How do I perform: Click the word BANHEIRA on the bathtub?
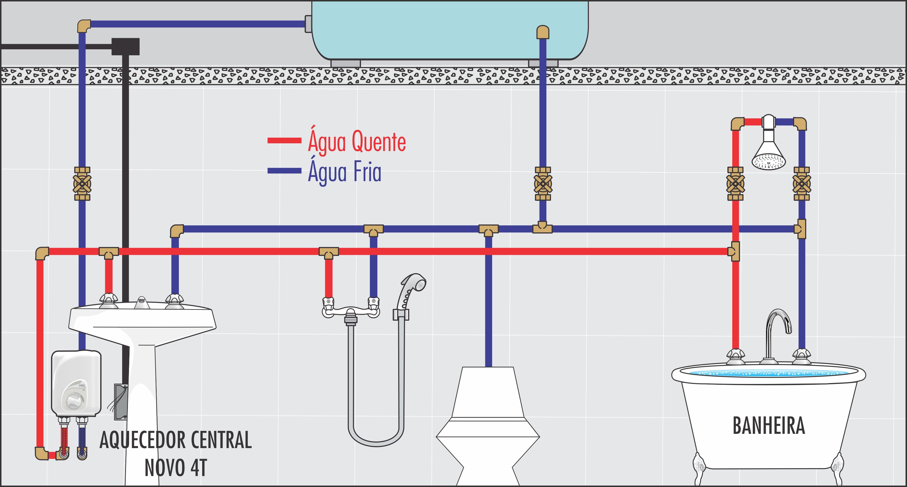pyautogui.click(x=769, y=426)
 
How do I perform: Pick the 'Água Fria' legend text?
pyautogui.click(x=344, y=172)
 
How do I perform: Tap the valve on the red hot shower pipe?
pyautogui.click(x=735, y=184)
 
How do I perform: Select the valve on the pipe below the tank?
pyautogui.click(x=543, y=184)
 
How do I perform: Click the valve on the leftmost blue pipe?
pyautogui.click(x=82, y=184)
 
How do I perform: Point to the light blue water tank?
pyautogui.click(x=450, y=30)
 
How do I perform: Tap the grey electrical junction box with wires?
pyautogui.click(x=120, y=402)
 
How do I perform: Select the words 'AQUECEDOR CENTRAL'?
pyautogui.click(x=176, y=440)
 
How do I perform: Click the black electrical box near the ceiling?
pyautogui.click(x=125, y=47)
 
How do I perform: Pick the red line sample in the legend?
pyautogui.click(x=284, y=141)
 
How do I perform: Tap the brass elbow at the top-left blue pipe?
pyautogui.click(x=84, y=26)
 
